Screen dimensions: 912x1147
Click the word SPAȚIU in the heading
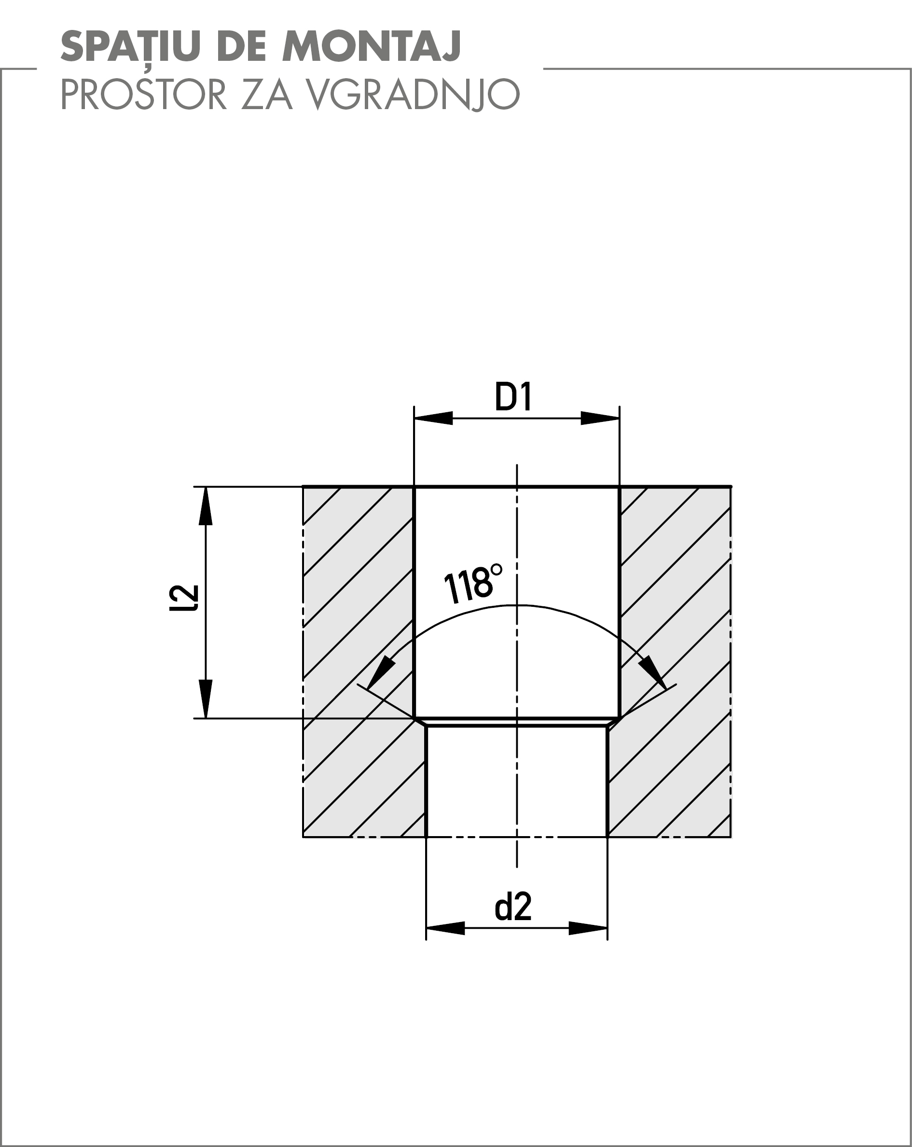coord(130,46)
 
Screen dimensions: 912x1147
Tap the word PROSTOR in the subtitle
coord(144,94)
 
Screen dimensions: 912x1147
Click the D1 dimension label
coord(513,397)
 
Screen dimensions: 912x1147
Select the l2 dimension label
coord(184,598)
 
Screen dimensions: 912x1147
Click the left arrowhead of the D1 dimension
coord(433,418)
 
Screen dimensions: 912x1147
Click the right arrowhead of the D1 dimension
coord(600,418)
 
